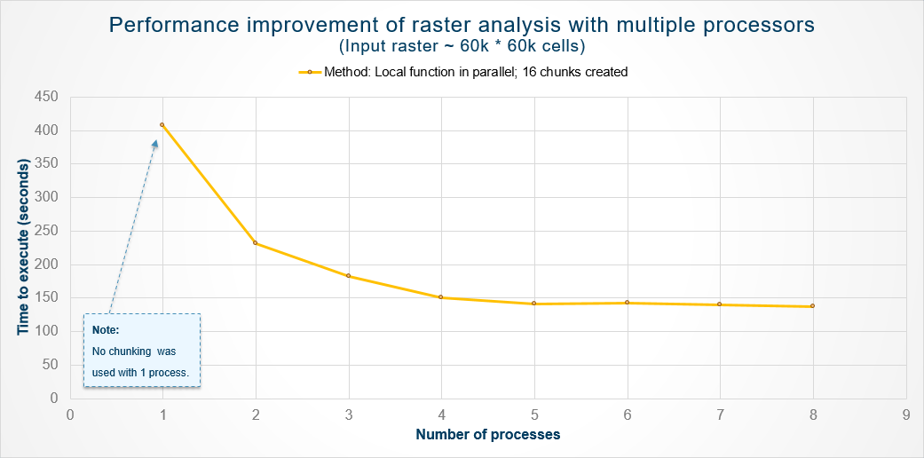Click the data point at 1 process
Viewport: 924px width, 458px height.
tap(162, 125)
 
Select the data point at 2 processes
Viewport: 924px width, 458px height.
tap(256, 243)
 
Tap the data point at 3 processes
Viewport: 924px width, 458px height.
tap(349, 276)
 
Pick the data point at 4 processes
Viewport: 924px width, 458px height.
tap(441, 297)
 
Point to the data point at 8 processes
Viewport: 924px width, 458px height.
tap(812, 306)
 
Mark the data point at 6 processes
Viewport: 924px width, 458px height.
tap(628, 303)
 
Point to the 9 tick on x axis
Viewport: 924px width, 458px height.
tap(905, 414)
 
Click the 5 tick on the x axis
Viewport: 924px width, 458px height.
tap(534, 414)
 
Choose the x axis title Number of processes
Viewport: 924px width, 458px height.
tap(487, 435)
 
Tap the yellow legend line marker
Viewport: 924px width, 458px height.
tap(310, 73)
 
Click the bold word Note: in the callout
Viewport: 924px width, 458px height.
tap(106, 330)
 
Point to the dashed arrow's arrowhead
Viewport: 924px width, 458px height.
tap(155, 142)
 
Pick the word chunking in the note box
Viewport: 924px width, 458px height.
tap(130, 351)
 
